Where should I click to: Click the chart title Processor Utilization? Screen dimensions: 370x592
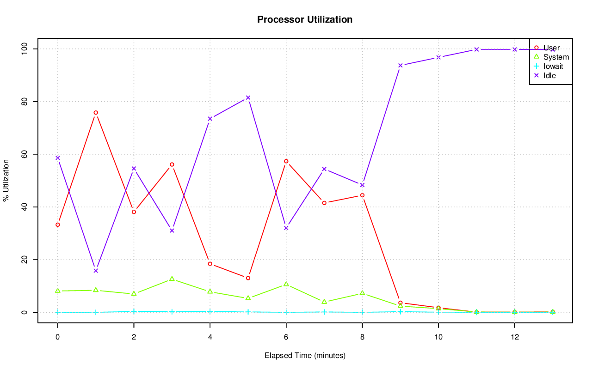305,19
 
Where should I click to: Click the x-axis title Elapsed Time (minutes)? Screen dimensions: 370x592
305,356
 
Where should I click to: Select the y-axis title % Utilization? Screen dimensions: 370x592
6,180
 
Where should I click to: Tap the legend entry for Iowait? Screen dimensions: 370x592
553,66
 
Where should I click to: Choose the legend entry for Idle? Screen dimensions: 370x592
549,75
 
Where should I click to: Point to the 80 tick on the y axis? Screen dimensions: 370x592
25,101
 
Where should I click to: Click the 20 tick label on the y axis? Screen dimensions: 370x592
25,260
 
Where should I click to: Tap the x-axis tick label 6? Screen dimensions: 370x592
286,337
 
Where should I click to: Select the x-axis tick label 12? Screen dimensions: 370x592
514,337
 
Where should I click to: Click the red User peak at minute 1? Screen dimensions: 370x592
96,113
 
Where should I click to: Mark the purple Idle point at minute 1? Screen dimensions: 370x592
96,271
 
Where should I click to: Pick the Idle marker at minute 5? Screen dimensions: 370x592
248,97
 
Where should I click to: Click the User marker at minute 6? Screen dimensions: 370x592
286,161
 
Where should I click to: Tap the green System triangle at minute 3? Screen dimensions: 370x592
172,279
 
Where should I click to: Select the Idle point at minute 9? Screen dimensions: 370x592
400,65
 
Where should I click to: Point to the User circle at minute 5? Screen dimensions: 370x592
248,278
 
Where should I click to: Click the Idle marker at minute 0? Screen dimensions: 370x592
58,158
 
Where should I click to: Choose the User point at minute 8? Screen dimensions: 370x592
362,195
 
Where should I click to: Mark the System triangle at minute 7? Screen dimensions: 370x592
324,302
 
